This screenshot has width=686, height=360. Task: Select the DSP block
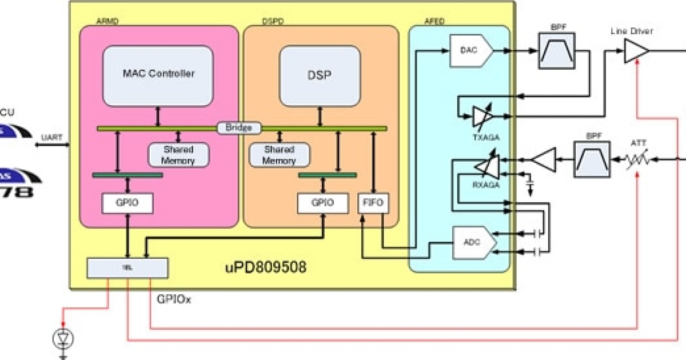[x=320, y=75]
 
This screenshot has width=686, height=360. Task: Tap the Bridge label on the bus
[x=239, y=127]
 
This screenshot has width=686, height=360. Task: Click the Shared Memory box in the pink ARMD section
[x=178, y=155]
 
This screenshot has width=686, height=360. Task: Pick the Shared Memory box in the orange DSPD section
[x=280, y=155]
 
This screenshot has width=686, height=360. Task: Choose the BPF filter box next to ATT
[x=591, y=159]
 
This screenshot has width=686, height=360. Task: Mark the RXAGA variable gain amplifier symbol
[x=486, y=165]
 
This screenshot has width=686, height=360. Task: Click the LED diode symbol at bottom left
[x=63, y=339]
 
